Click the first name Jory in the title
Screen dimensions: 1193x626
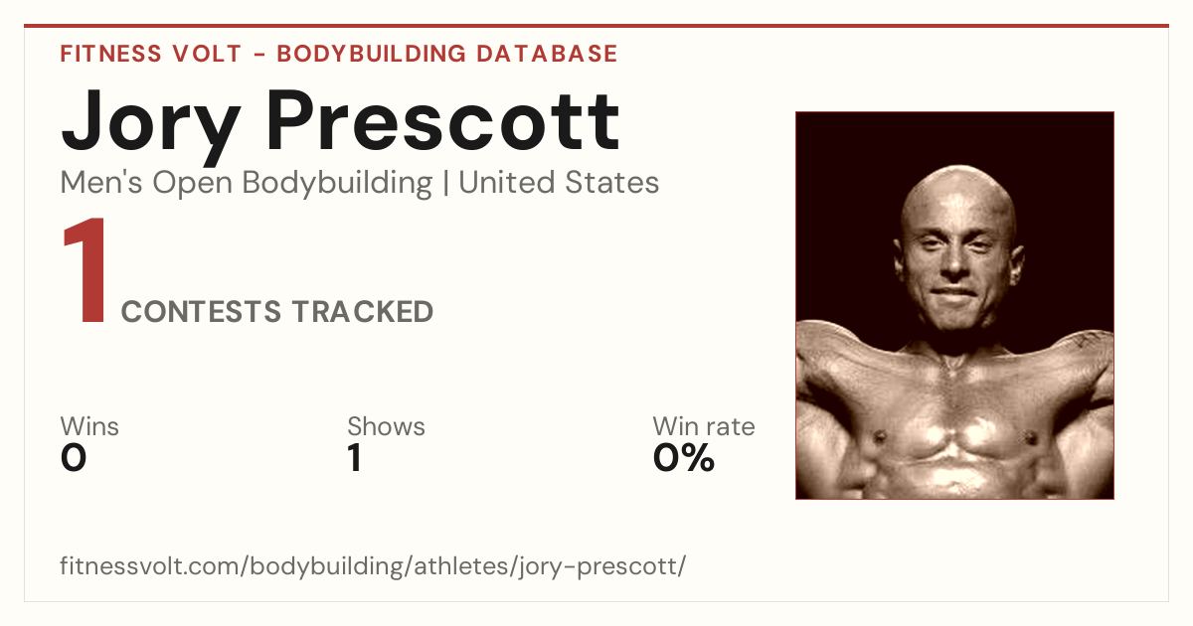click(151, 125)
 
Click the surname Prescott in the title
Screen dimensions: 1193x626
click(443, 121)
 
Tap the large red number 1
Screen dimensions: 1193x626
click(85, 270)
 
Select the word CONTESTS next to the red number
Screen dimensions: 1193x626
click(201, 312)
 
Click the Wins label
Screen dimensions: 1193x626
click(89, 426)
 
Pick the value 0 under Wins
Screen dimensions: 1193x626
click(74, 458)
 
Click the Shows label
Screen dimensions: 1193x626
click(386, 426)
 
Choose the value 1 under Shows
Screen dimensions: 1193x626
click(355, 458)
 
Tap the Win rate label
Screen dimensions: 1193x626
click(704, 426)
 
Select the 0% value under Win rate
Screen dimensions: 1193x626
click(684, 458)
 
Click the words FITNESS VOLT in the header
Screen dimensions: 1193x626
click(151, 54)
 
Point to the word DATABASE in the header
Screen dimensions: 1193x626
click(547, 54)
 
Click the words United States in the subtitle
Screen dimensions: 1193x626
click(559, 183)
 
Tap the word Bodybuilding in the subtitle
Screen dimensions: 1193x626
click(337, 184)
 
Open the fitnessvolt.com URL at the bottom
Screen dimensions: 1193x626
click(373, 565)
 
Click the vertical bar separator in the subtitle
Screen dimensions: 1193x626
click(445, 183)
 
